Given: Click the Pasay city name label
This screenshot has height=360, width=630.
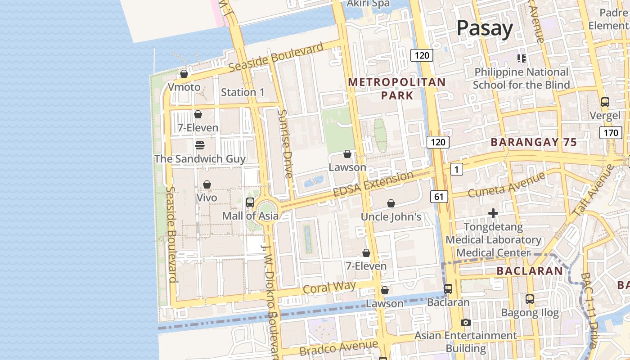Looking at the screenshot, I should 485,28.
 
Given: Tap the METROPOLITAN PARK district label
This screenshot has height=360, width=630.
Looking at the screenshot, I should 397,89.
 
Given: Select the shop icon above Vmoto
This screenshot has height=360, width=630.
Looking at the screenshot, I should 184,74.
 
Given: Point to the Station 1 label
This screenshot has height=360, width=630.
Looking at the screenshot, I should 243,92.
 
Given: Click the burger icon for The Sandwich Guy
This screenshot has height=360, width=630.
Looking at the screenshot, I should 200,145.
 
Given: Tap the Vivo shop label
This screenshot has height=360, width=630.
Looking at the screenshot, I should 207,198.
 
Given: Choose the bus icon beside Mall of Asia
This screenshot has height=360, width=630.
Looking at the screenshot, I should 250,202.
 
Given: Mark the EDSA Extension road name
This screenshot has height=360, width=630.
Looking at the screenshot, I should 373,184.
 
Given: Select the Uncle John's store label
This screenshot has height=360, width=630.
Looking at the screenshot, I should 391,217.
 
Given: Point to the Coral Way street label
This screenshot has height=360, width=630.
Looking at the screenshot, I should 329,287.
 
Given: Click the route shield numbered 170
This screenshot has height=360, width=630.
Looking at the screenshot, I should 610,133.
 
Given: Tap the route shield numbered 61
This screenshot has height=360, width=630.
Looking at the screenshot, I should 439,196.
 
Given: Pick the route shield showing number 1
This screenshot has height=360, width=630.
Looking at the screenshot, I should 456,169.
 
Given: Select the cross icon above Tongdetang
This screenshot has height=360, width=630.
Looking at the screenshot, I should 493,213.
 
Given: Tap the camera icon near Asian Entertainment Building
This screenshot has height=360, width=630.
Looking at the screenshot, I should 466,322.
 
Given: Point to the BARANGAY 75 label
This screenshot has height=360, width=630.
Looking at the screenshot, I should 534,142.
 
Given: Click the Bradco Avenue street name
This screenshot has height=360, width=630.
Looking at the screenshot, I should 338,348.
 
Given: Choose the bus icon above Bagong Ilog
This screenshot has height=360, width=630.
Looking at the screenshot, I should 530,299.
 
